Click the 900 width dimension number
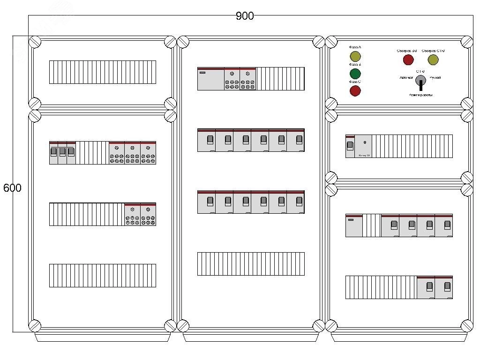244,16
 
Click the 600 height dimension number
12,188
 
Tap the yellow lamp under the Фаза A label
355,57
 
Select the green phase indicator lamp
355,74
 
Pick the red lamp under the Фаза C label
355,90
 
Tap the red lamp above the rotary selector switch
408,60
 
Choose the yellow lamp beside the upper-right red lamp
433,60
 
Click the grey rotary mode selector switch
420,80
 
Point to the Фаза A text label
355,47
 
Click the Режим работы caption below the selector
420,95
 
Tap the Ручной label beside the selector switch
435,77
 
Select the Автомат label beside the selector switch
406,77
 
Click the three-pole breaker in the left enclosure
63,152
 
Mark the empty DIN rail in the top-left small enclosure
103,72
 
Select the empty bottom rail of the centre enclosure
251,263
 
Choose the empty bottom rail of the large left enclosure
103,275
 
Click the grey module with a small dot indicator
364,146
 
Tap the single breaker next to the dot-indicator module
350,146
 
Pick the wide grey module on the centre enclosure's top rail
210,79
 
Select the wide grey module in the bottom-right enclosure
354,225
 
